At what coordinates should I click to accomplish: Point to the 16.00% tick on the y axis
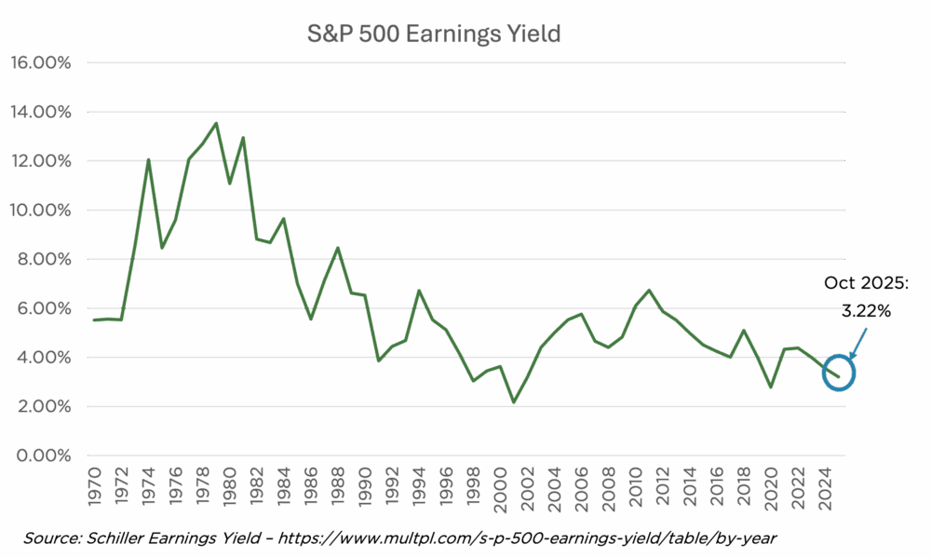pos(41,62)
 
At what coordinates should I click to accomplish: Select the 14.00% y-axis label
pos(41,112)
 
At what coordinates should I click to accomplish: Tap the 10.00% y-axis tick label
pos(41,211)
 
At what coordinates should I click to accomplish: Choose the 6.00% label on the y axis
pos(41,308)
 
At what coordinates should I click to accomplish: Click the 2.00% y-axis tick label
pos(41,407)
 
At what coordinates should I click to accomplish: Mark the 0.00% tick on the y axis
pos(41,456)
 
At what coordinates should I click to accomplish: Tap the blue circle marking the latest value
pos(839,373)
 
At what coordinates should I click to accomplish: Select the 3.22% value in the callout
pos(866,311)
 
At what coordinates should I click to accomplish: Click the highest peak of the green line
pos(216,123)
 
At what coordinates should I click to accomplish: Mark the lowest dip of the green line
pos(514,401)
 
